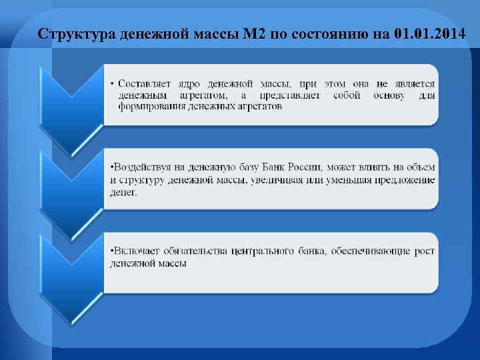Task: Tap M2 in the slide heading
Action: pos(257,33)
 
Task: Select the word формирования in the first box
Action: pos(143,106)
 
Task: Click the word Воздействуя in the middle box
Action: pos(141,167)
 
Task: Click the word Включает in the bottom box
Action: pos(134,251)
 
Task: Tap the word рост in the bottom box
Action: pos(423,251)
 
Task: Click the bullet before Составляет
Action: pos(112,85)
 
